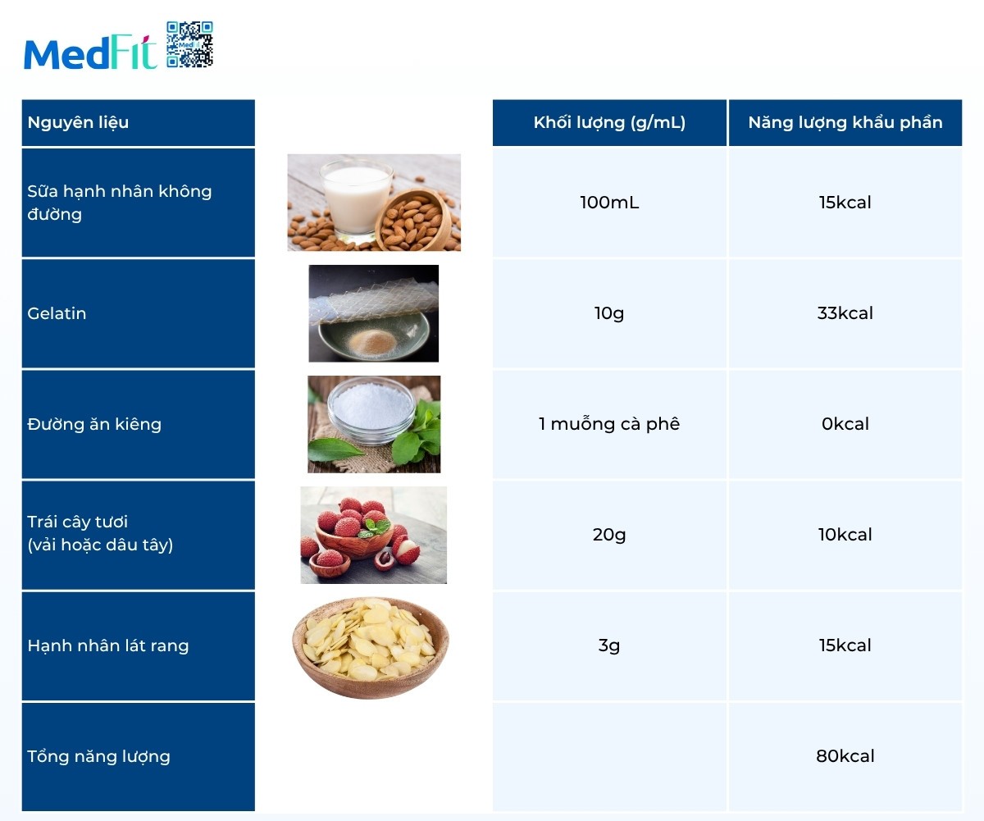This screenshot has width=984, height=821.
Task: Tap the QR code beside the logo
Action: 189,44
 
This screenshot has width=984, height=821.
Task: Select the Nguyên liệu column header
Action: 79,123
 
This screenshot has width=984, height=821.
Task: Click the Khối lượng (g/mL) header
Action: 609,123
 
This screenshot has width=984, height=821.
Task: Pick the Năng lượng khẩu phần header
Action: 845,123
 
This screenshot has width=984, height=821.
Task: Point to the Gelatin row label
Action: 57,313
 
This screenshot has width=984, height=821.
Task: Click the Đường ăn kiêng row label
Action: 94,424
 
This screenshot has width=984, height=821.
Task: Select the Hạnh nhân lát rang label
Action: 108,645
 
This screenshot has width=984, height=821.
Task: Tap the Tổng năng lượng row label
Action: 99,756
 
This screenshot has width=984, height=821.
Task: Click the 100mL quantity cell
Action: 609,203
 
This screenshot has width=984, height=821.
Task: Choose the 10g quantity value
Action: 609,313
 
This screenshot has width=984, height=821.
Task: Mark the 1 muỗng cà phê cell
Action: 609,424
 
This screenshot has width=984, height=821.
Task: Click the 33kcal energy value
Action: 845,313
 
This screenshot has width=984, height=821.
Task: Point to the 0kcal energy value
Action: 845,424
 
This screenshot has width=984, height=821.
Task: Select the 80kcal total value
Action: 845,756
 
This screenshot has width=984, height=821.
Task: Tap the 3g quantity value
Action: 609,645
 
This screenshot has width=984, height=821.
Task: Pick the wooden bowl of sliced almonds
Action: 371,645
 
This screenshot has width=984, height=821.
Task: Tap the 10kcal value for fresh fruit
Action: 845,535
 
